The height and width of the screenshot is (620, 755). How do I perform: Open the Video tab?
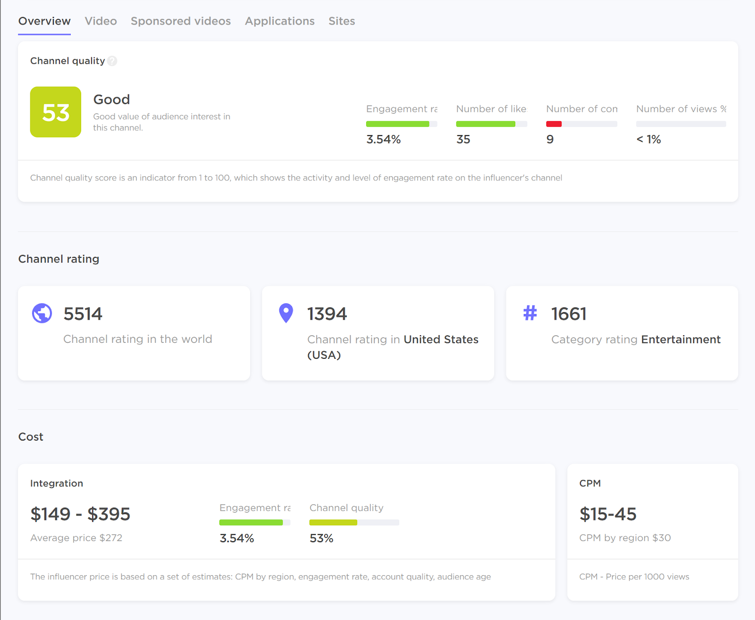click(101, 21)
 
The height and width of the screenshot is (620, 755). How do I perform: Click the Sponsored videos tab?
click(181, 21)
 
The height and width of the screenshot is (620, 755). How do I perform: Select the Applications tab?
click(279, 21)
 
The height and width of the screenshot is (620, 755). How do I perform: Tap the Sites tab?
click(342, 21)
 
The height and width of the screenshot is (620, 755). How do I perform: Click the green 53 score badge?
click(56, 112)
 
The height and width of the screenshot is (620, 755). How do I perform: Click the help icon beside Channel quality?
click(112, 61)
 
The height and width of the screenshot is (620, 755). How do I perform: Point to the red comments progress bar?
click(554, 124)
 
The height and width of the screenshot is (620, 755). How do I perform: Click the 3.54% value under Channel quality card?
click(383, 139)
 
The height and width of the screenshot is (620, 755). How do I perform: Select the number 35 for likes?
click(463, 139)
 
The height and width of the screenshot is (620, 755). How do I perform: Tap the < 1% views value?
click(648, 139)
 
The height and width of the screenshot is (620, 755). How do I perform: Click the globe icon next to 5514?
click(42, 313)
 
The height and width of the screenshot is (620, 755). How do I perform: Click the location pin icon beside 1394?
click(286, 313)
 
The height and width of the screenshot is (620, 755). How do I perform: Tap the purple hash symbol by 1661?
click(530, 313)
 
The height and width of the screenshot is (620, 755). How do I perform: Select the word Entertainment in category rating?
click(680, 340)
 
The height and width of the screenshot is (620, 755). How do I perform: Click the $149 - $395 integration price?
click(80, 514)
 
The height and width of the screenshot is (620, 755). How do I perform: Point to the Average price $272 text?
click(76, 538)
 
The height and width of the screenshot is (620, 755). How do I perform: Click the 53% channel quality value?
click(321, 538)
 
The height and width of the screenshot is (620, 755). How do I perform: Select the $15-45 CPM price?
click(608, 514)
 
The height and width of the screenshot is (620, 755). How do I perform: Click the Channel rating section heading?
click(59, 259)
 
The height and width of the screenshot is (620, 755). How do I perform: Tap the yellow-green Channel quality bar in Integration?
click(333, 523)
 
